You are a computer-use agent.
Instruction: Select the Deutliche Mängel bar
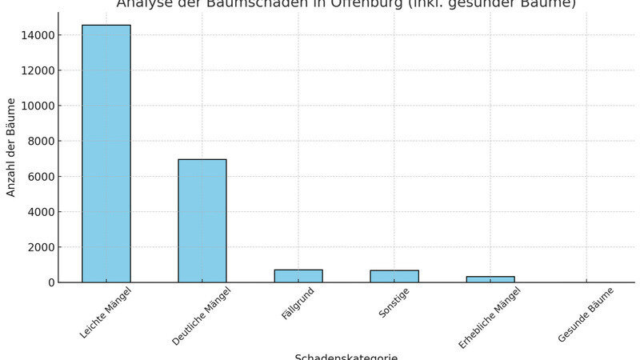tap(202, 221)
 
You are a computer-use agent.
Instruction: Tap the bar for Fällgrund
tap(298, 276)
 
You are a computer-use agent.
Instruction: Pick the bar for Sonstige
tap(394, 276)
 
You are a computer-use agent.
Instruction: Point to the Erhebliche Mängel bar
tap(490, 279)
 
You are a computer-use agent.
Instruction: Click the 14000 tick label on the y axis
tap(38, 35)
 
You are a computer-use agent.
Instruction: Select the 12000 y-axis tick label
tap(38, 70)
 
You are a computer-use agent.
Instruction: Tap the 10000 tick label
tap(38, 106)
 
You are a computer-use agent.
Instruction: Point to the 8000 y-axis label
tap(42, 141)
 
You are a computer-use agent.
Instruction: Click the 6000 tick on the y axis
tap(42, 177)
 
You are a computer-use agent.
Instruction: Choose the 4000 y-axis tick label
tap(42, 212)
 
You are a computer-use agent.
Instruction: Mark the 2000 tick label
tap(42, 247)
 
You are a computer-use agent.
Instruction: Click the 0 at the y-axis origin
tap(51, 282)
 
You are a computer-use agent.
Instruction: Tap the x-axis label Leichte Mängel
tap(106, 312)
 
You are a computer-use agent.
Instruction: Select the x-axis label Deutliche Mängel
tap(201, 316)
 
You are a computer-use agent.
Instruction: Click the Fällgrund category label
tap(298, 304)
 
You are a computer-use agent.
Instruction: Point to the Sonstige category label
tap(394, 303)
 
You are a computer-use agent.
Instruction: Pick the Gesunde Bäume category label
tap(586, 314)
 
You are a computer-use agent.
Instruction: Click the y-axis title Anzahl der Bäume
tap(11, 147)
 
